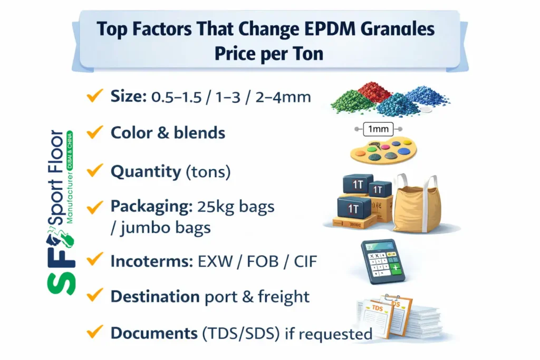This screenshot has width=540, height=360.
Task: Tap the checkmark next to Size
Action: (x=94, y=96)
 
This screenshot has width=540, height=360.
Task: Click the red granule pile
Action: (x=374, y=92)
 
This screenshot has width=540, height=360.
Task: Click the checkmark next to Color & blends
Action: (x=94, y=132)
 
